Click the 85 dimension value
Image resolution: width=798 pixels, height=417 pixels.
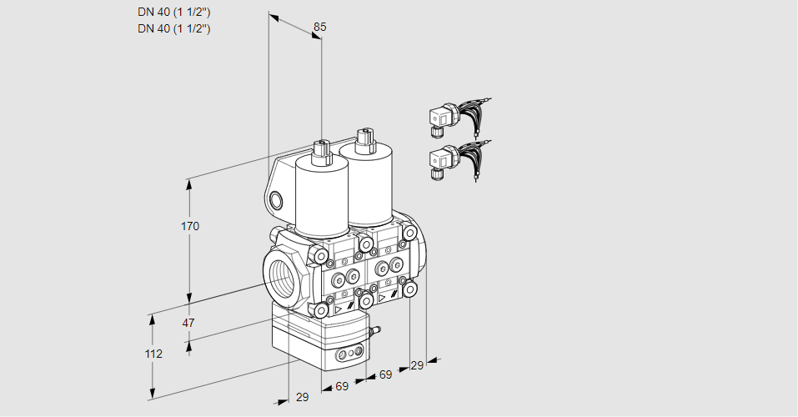click(319, 27)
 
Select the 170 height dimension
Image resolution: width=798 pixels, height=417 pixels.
click(190, 226)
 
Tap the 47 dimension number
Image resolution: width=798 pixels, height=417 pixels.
click(188, 323)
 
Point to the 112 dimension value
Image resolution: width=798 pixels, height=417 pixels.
click(153, 354)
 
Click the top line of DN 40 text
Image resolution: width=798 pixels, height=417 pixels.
click(173, 13)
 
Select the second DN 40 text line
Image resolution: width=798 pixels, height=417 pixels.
click(173, 28)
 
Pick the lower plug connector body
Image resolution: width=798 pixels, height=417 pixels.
click(440, 158)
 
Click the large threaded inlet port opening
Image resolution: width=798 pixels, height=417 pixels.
click(279, 276)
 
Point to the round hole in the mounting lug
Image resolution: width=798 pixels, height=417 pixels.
click(276, 200)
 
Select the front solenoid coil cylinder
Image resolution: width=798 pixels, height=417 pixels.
click(321, 196)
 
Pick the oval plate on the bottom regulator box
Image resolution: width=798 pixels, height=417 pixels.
click(349, 355)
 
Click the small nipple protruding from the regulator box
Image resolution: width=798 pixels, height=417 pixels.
click(374, 333)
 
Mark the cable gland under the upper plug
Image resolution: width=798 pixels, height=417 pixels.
click(435, 130)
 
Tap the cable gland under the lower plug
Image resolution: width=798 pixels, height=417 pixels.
click(435, 174)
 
